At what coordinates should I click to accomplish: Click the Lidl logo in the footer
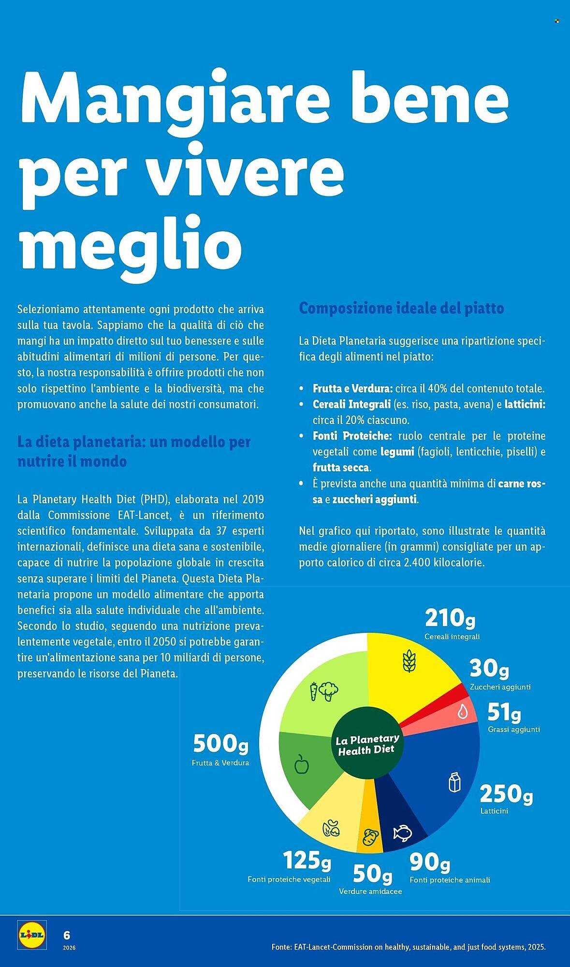click(32, 935)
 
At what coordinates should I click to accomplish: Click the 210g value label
click(450, 618)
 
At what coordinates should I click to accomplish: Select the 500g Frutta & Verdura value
click(220, 744)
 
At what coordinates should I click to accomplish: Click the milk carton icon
click(454, 782)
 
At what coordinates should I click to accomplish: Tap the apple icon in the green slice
click(302, 764)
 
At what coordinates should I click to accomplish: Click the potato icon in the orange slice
click(370, 837)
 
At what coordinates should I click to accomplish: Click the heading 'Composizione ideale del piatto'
click(401, 308)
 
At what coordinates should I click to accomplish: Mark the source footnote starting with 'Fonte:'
click(408, 947)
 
